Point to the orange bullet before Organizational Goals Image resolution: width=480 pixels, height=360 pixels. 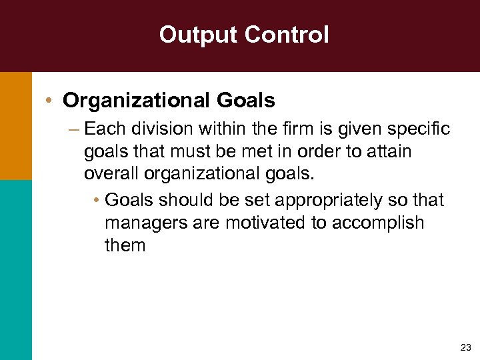tap(50, 101)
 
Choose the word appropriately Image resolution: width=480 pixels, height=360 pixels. tap(330, 199)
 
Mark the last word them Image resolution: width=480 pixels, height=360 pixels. tap(125, 245)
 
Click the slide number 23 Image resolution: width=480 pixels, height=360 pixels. tap(465, 347)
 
